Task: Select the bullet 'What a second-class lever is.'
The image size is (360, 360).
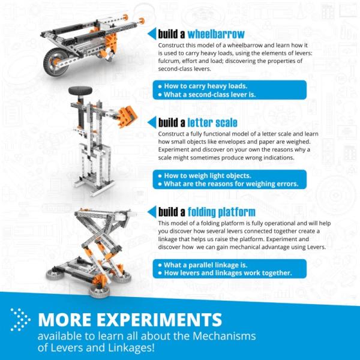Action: [x=211, y=94]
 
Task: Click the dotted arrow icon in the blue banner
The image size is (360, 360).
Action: [x=20, y=320]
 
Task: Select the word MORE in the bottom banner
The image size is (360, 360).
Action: [x=62, y=319]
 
